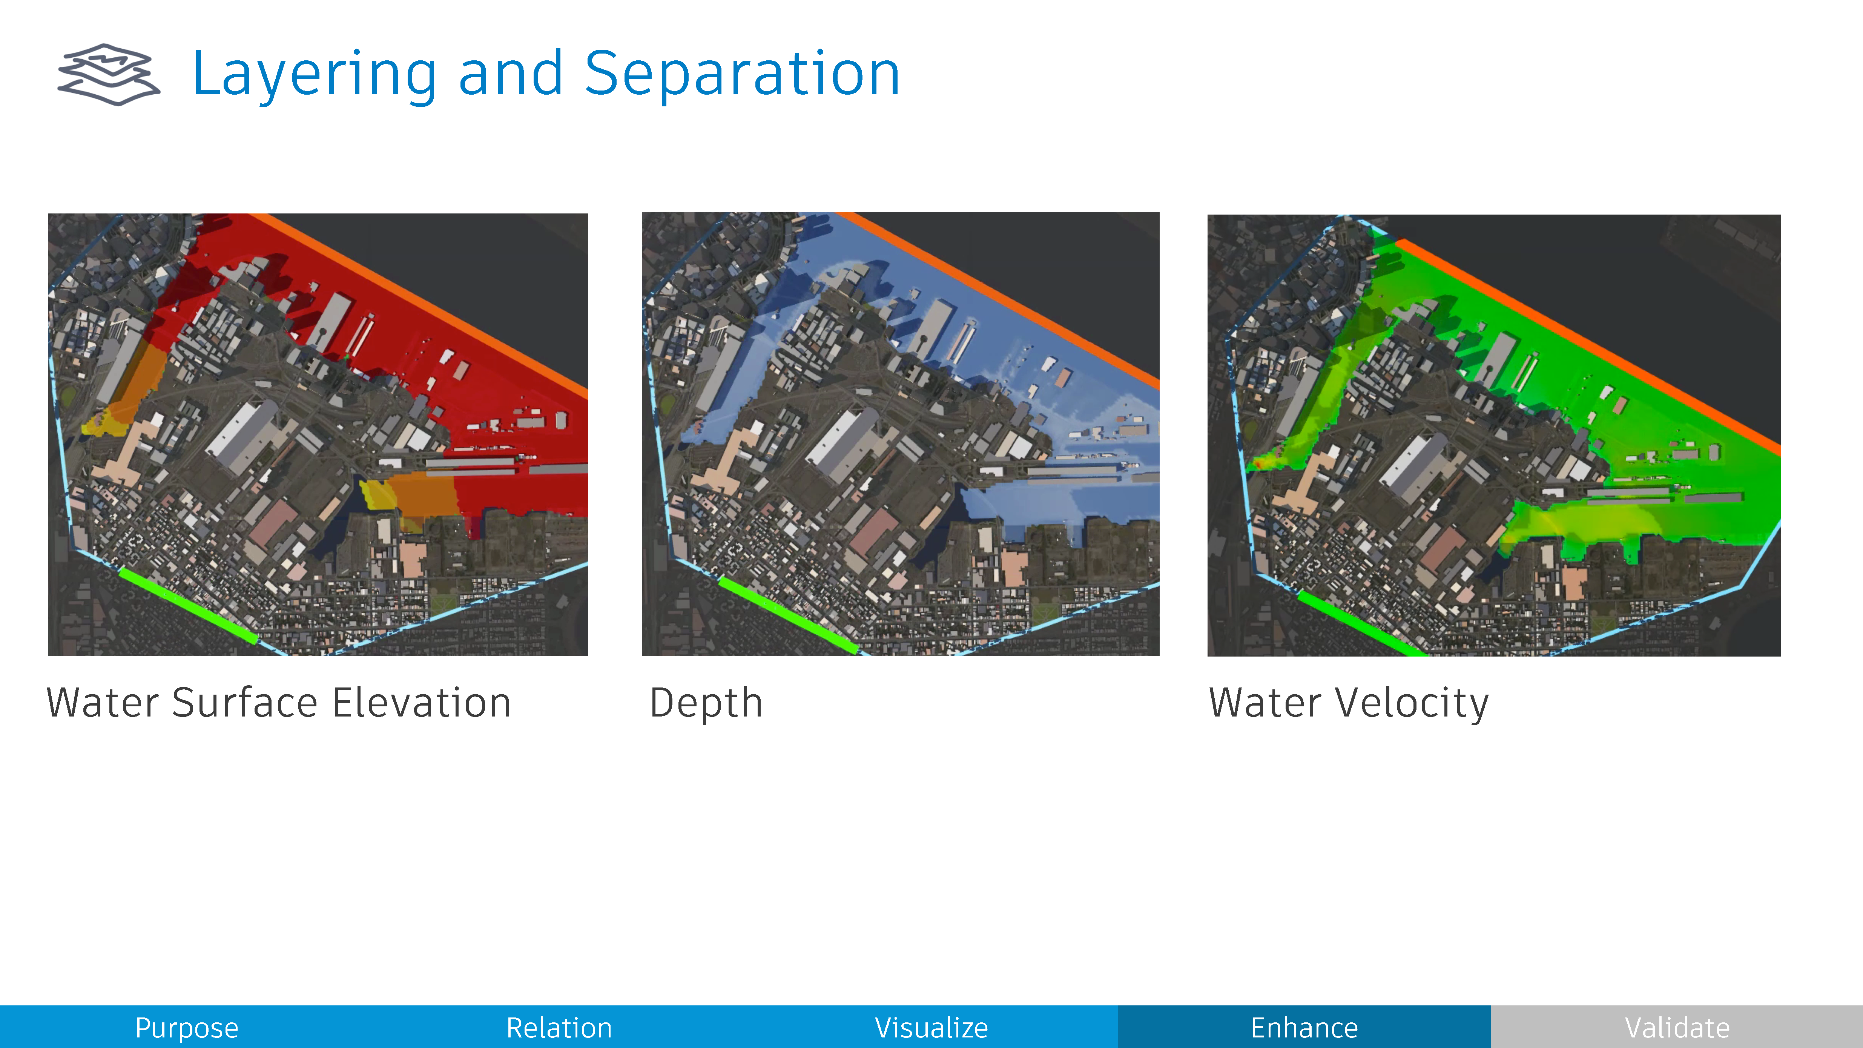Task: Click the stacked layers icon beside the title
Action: coord(109,75)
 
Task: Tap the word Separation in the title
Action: coord(742,75)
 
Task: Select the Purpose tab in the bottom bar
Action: coord(187,1027)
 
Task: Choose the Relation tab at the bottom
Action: coord(559,1027)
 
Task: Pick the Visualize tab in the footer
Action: coord(931,1027)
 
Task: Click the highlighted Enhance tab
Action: coord(1304,1027)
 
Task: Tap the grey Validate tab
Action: coord(1676,1027)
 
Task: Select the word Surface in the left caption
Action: coord(245,703)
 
